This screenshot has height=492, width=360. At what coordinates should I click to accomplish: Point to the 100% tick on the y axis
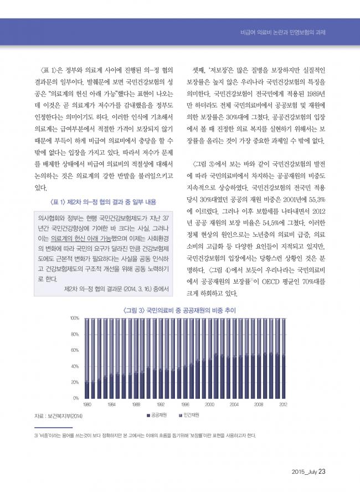[x=75, y=319]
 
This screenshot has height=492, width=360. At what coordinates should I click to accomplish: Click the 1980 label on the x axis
[x=88, y=404]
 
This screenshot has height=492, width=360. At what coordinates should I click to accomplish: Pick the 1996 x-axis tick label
[x=186, y=404]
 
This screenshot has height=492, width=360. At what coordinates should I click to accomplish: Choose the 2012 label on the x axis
[x=283, y=404]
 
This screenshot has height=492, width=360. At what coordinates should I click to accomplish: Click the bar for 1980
[x=87, y=358]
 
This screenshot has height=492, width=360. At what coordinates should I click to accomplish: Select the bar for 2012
[x=283, y=358]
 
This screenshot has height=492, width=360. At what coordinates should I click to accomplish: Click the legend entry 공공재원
[x=158, y=415]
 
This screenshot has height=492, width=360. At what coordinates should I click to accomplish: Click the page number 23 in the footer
[x=322, y=472]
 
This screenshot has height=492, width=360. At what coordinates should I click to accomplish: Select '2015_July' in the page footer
[x=304, y=472]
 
